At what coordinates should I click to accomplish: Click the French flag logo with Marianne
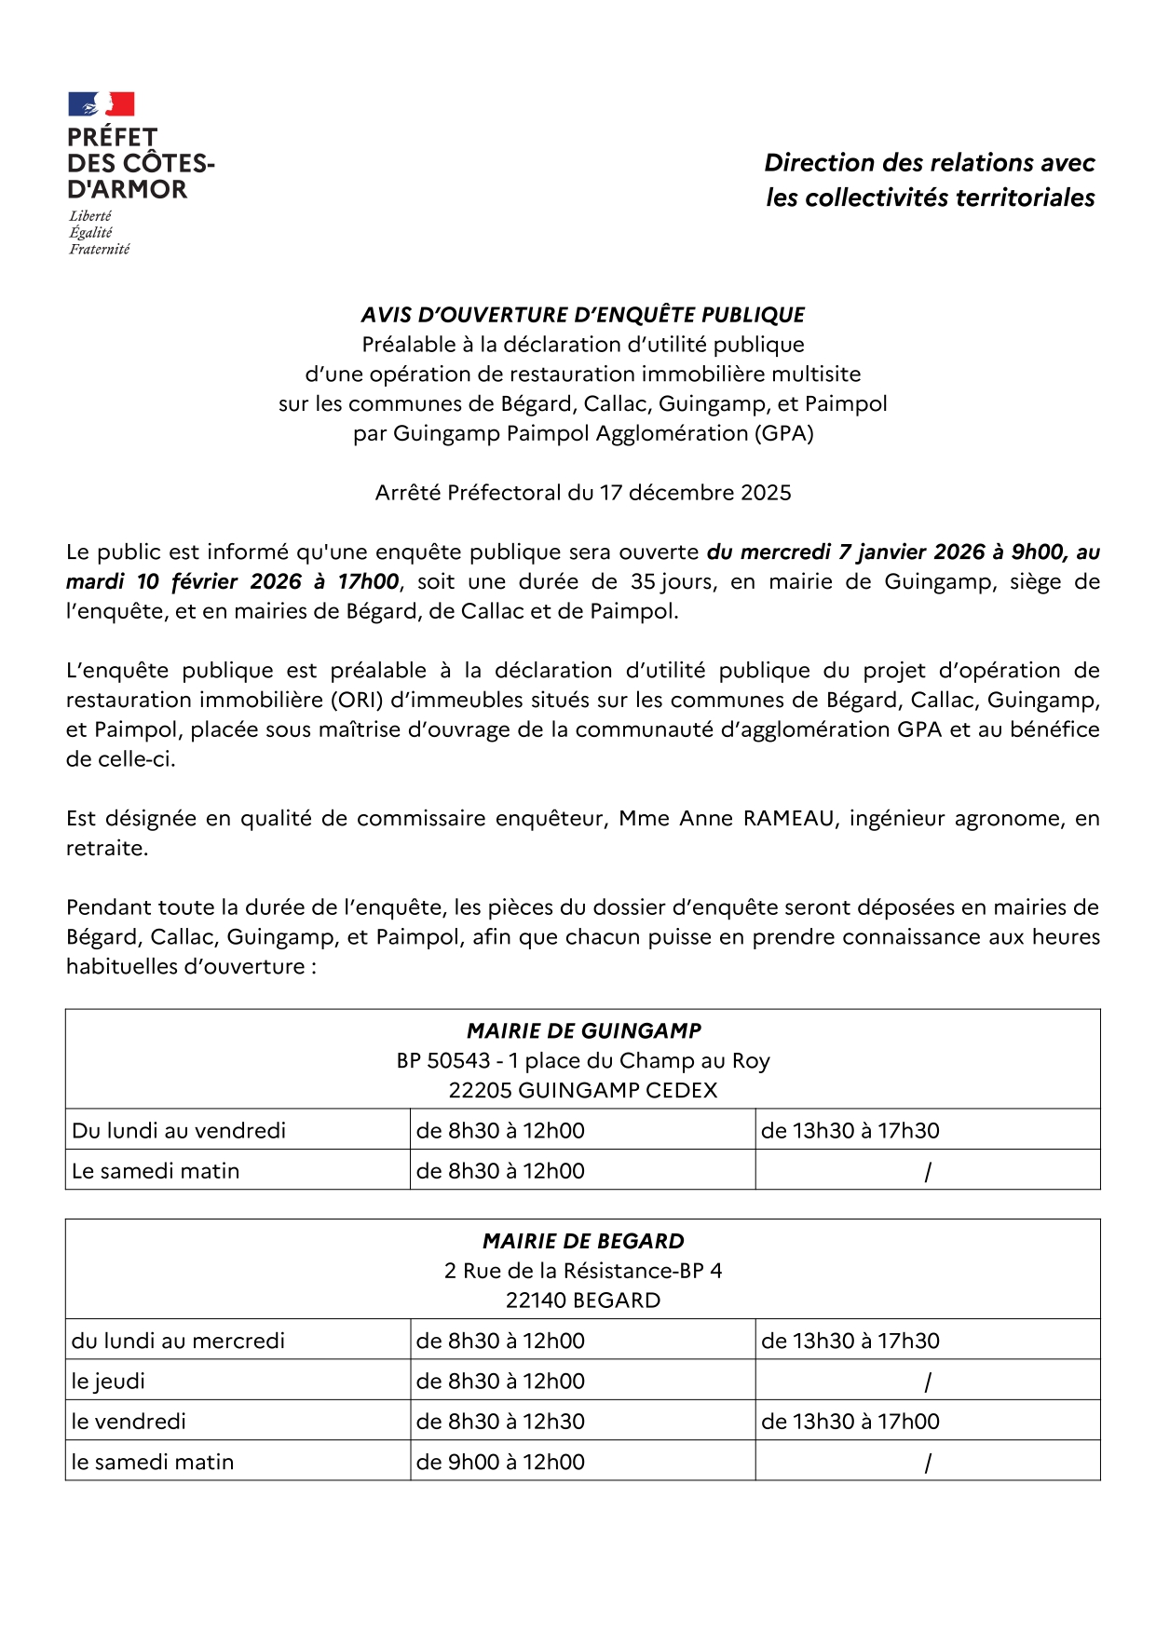pyautogui.click(x=102, y=103)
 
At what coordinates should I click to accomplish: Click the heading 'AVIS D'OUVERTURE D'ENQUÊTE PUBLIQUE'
pyautogui.click(x=582, y=315)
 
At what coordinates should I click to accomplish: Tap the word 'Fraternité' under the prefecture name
pyautogui.click(x=99, y=250)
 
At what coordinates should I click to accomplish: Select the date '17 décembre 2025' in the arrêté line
pyautogui.click(x=695, y=493)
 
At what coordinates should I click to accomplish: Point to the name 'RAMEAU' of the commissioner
pyautogui.click(x=788, y=819)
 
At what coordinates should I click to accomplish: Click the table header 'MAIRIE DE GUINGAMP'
pyautogui.click(x=583, y=1031)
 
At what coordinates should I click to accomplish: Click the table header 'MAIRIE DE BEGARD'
pyautogui.click(x=583, y=1242)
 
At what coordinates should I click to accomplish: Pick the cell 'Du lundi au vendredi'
pyautogui.click(x=179, y=1131)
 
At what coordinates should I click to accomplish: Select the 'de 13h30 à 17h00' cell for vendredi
pyautogui.click(x=850, y=1422)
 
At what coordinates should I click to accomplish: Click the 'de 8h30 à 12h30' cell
pyautogui.click(x=500, y=1422)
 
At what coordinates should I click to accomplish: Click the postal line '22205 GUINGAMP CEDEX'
pyautogui.click(x=583, y=1091)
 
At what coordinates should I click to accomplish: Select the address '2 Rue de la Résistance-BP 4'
pyautogui.click(x=583, y=1272)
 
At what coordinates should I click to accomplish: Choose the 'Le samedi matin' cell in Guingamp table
pyautogui.click(x=156, y=1172)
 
